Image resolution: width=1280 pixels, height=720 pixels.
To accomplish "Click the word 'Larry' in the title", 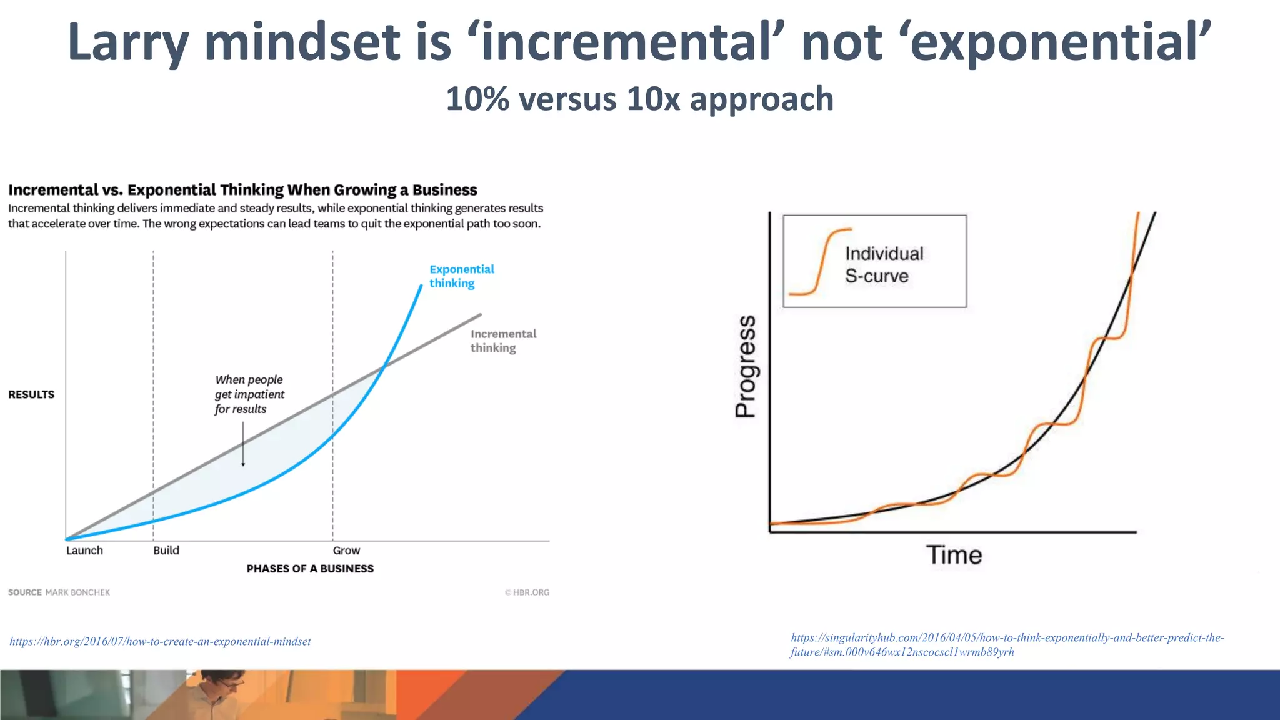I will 127,42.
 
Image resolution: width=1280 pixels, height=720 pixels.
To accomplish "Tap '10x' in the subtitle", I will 652,99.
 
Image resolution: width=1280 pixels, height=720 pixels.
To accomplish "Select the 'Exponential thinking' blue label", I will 461,276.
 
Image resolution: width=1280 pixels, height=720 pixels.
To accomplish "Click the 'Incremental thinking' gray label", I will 502,341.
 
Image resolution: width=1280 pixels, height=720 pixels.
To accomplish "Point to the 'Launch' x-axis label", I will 84,551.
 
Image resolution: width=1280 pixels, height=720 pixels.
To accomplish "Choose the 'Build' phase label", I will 166,551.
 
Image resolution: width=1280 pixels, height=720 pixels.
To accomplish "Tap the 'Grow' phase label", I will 346,551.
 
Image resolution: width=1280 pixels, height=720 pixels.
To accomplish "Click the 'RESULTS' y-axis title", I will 31,394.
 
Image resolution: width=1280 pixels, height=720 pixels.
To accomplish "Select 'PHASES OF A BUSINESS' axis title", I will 310,569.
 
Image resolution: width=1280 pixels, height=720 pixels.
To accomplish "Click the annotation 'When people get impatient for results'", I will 249,394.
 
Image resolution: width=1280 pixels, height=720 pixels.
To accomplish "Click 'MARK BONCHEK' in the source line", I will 77,592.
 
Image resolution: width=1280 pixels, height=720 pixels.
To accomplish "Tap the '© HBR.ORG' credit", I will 527,592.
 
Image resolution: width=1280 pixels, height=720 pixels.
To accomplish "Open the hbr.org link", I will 160,641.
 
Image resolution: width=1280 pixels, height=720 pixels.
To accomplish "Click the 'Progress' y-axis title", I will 746,366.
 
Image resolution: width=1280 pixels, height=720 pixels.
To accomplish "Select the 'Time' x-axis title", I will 954,555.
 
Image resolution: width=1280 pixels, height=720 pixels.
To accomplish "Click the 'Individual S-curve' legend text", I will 884,264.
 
